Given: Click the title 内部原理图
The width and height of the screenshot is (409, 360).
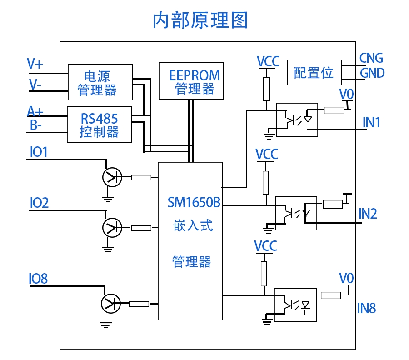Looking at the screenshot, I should tap(200, 21).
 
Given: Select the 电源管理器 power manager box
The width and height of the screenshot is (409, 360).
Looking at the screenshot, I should tap(100, 82).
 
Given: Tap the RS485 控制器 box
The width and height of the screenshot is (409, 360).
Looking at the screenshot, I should tap(99, 125).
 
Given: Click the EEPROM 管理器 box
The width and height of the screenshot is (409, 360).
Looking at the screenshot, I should tap(191, 81).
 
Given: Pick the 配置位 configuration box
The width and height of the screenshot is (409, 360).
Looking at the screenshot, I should tap(314, 72).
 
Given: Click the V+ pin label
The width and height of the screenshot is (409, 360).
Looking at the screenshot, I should tap(35, 64).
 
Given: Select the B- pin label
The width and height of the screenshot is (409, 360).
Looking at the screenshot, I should tap(36, 125).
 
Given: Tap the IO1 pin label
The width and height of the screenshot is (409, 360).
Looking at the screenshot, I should tap(39, 152).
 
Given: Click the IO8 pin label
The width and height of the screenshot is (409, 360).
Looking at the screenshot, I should tap(38, 279).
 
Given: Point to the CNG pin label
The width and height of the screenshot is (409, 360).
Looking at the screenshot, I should tap(371, 58).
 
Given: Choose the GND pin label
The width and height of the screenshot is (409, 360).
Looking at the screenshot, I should tap(372, 73).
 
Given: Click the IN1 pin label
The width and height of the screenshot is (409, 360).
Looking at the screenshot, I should tap(371, 122).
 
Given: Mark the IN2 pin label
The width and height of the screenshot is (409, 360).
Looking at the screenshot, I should tap(368, 214).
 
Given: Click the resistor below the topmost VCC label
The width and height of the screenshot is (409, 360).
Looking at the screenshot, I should tap(266, 89).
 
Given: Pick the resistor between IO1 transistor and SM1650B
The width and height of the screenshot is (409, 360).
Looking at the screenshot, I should tap(141, 178).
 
